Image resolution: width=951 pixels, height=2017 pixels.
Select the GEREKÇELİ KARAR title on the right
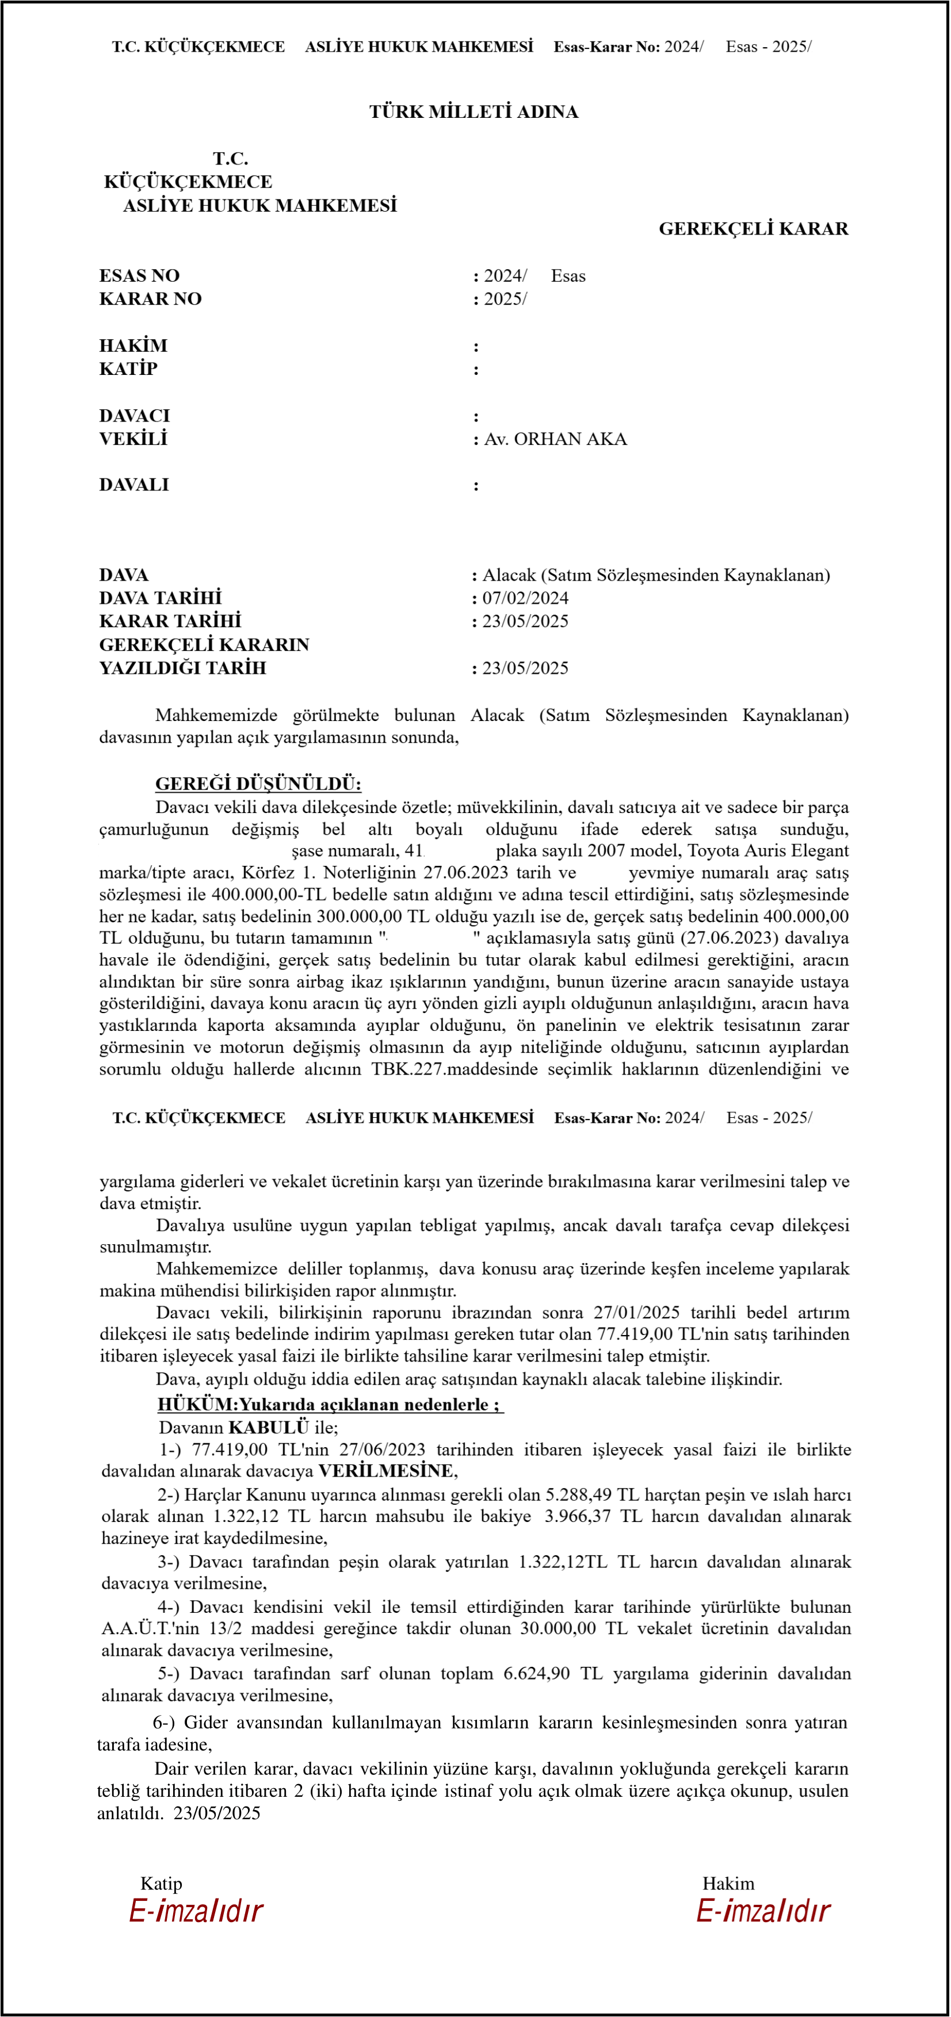coord(753,229)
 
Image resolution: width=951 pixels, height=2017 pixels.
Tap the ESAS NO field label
coord(139,275)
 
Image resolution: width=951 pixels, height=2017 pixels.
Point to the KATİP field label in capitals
coord(128,369)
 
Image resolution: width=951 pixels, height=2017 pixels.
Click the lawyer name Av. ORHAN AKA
coord(555,439)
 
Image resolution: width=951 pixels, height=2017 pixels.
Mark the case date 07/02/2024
coord(525,598)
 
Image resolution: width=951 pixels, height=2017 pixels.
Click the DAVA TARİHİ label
coord(160,598)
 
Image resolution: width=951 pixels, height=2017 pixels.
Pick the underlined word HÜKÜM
coord(197,1404)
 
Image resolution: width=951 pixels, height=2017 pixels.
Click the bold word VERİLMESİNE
coord(385,1470)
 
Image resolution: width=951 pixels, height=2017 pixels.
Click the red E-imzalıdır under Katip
coord(196,1911)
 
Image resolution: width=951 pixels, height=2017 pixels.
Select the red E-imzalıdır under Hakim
coord(763,1911)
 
